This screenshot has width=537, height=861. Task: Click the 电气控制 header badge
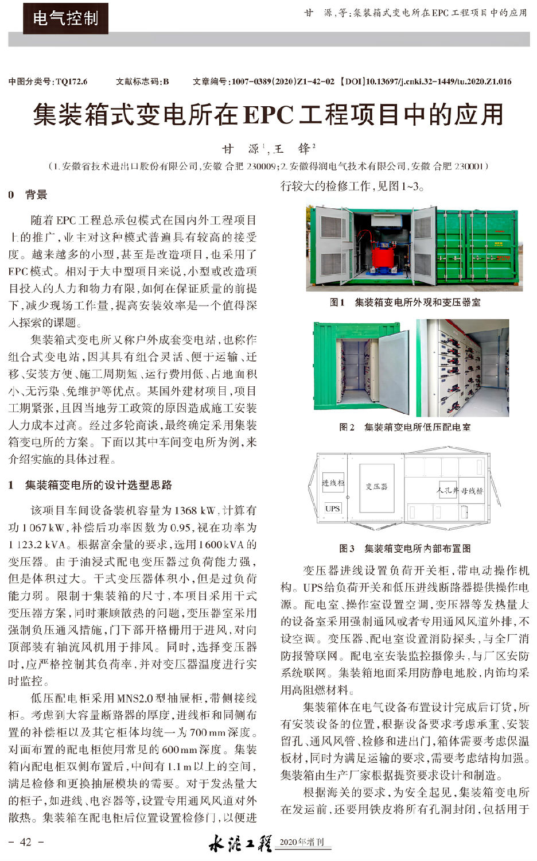click(65, 18)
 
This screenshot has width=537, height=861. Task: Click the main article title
click(268, 114)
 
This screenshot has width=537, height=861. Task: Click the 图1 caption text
click(405, 302)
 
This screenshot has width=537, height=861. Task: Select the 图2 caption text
click(405, 427)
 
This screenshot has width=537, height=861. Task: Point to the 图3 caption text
click(405, 549)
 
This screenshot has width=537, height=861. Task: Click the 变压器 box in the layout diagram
click(376, 487)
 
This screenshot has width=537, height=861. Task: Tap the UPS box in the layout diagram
click(333, 509)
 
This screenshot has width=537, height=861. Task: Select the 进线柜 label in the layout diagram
click(333, 483)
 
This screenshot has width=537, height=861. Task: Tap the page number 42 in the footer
click(26, 842)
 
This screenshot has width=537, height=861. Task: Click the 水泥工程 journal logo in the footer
click(240, 843)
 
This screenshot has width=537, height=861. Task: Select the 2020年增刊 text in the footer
click(302, 843)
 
